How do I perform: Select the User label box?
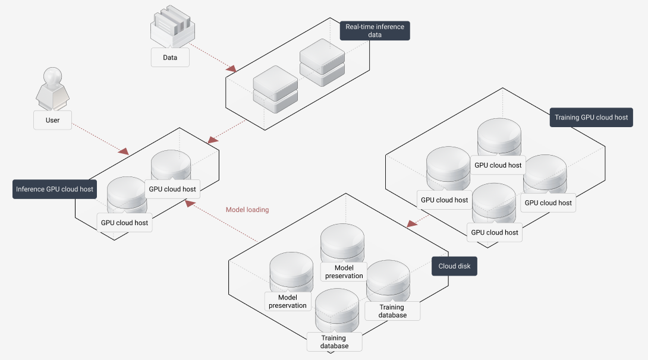point(52,121)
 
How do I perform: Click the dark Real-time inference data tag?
point(375,31)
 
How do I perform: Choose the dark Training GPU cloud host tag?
point(591,118)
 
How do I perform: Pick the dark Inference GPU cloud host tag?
point(54,190)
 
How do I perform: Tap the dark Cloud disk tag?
point(454,266)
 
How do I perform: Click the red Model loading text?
point(247,210)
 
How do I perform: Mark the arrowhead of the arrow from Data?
point(232,69)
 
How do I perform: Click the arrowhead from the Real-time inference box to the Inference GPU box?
point(211,141)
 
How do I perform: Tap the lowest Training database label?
point(334,342)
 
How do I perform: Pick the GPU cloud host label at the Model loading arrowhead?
point(172,190)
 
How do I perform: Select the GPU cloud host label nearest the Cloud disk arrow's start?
point(444,200)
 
